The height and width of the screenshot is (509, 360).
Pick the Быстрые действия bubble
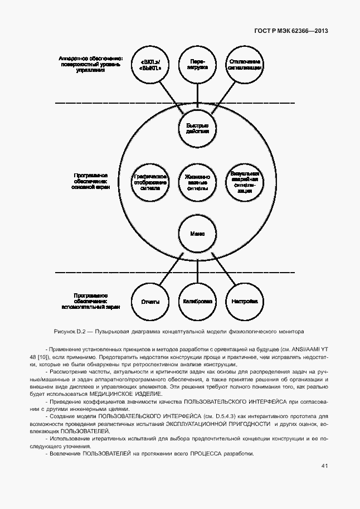tap(197, 128)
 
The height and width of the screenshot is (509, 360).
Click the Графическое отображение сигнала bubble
tap(150, 181)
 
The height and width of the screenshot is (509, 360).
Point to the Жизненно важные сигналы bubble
tap(197, 181)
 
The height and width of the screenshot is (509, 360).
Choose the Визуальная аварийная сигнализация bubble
tap(244, 181)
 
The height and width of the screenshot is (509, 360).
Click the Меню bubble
tap(197, 234)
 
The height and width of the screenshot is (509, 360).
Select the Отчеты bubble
tap(150, 302)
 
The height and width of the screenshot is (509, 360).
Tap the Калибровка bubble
tap(197, 302)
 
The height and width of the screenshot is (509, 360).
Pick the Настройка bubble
tap(244, 302)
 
